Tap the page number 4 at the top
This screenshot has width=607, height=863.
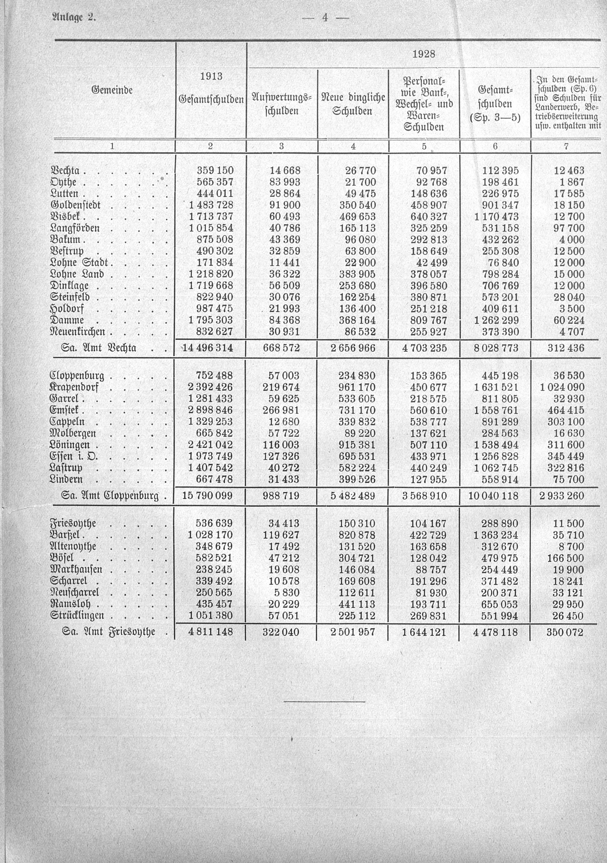[x=325, y=18]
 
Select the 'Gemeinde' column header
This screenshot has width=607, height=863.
[x=112, y=90]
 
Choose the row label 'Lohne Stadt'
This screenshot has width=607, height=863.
[x=79, y=263]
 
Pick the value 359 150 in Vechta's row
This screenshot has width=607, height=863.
[x=215, y=171]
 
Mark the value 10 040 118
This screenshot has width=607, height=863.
[x=493, y=496]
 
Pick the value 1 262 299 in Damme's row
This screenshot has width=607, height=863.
[x=496, y=321]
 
